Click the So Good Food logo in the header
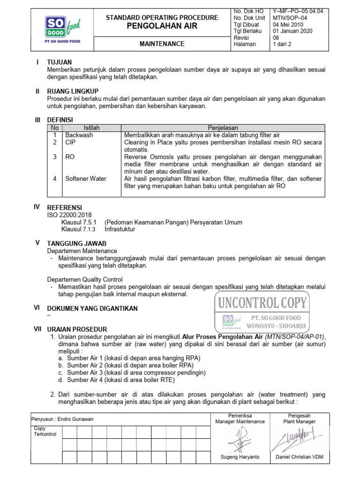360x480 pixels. point(62,29)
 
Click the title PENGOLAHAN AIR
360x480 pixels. point(162,26)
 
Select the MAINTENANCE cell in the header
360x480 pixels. point(162,44)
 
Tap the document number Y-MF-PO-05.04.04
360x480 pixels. point(298,11)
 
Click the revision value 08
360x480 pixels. point(276,37)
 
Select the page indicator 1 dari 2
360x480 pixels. point(282,44)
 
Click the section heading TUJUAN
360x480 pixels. point(59,62)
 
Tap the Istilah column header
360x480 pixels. point(91,127)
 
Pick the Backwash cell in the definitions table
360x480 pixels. point(79,135)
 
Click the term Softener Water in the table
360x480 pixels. point(85,179)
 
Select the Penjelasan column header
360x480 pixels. point(223,127)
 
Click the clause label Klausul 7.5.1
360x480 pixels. point(79,222)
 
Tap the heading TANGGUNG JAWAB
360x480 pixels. point(77,243)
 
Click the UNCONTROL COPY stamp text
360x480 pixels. point(262,302)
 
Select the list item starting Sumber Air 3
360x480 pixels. point(136,373)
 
